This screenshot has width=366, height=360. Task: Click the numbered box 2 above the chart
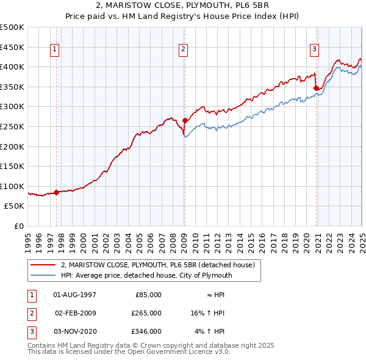(x=184, y=50)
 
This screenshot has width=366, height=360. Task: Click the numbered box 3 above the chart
(x=314, y=50)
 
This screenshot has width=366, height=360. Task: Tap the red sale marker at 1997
(x=56, y=192)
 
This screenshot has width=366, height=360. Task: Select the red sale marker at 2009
(x=184, y=121)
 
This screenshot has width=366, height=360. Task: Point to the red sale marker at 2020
(x=317, y=88)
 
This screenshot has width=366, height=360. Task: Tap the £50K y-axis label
(x=15, y=206)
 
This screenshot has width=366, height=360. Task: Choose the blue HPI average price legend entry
(x=147, y=275)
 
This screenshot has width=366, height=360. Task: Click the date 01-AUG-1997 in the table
(x=75, y=295)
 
